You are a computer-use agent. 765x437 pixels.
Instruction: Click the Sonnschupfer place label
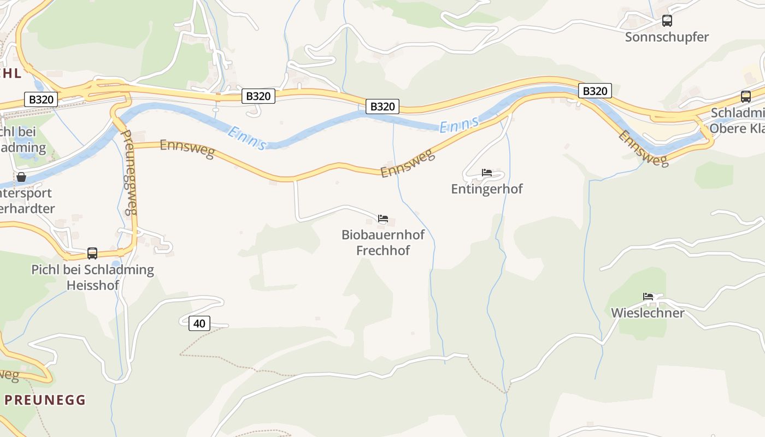667,37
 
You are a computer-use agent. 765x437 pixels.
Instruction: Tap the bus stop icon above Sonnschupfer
667,21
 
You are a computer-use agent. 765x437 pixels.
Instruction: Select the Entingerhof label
486,189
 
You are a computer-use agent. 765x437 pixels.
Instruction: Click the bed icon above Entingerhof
486,173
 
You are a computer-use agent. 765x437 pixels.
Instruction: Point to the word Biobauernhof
382,235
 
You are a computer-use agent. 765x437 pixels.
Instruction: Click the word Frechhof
382,251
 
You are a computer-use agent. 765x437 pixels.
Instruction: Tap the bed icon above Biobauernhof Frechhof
382,219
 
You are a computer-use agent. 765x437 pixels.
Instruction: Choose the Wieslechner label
648,313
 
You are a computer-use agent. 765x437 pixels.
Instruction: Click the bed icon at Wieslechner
648,297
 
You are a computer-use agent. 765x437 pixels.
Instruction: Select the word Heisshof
92,285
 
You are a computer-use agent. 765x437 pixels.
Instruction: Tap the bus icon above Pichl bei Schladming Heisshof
92,253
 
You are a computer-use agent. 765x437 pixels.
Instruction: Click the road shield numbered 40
199,323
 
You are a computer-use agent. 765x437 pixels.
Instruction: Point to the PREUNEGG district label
45,400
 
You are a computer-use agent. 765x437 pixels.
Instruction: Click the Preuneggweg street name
128,172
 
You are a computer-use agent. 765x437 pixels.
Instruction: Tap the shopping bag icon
21,177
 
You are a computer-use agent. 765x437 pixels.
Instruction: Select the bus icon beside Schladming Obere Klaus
745,97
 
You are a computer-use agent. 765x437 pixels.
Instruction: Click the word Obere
728,129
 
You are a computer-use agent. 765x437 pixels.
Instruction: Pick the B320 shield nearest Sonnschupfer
595,91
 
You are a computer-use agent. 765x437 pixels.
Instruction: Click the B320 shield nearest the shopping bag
41,99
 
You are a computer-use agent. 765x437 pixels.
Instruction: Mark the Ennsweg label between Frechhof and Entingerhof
408,164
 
